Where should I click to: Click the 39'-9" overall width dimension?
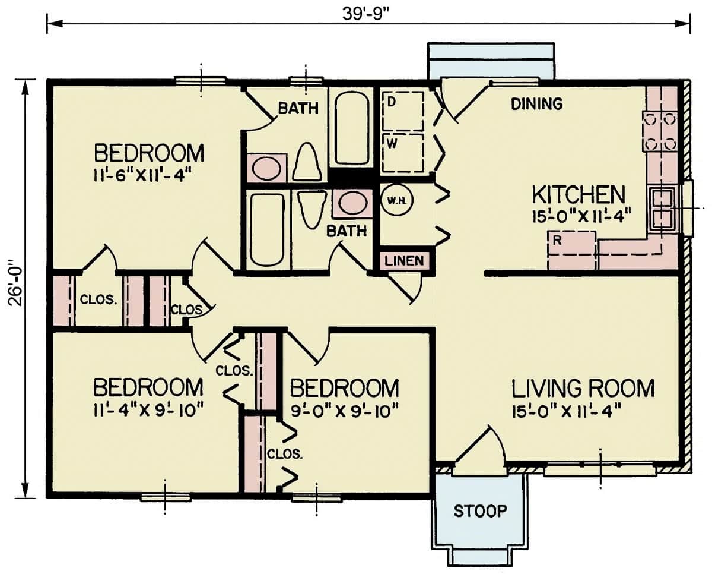[368, 12]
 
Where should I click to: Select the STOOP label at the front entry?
[481, 510]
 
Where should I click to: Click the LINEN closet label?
[404, 261]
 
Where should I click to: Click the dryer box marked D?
[403, 111]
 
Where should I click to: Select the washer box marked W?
[403, 152]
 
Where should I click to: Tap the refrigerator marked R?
[571, 250]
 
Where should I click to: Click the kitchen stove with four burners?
[660, 131]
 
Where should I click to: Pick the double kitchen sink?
[663, 209]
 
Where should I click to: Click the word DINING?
[536, 105]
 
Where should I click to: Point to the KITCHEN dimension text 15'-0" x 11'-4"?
[577, 216]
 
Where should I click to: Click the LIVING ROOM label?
[583, 389]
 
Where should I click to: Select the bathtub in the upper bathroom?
[352, 127]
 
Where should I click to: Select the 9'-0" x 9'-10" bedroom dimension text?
[344, 410]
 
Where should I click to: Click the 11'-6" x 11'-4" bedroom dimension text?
[145, 175]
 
